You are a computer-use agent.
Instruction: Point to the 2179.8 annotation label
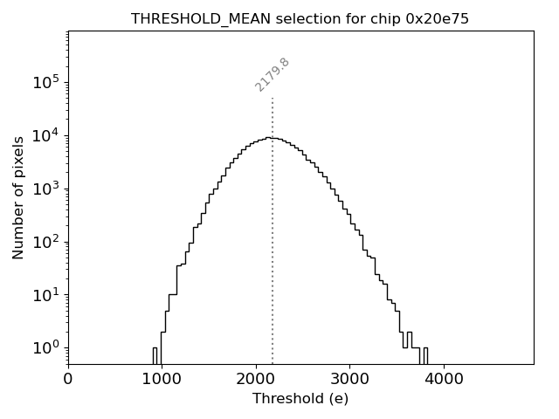click(273, 74)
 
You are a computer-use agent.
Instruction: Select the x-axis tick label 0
click(68, 381)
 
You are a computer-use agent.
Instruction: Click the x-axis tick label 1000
click(162, 381)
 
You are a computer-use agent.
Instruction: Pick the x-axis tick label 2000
click(256, 381)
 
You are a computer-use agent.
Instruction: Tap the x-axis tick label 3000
click(349, 381)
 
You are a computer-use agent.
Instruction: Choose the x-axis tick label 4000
click(444, 381)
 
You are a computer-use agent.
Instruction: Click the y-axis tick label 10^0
click(45, 347)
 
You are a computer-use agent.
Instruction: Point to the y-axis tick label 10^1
click(45, 295)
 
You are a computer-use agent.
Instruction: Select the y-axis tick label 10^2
click(45, 242)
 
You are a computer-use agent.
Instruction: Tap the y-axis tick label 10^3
click(45, 189)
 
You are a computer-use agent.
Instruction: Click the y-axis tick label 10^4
click(45, 135)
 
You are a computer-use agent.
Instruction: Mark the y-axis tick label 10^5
click(45, 82)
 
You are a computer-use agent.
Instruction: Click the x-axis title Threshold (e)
click(300, 399)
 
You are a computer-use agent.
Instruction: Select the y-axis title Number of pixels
click(18, 197)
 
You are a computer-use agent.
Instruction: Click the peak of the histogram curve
click(273, 138)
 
